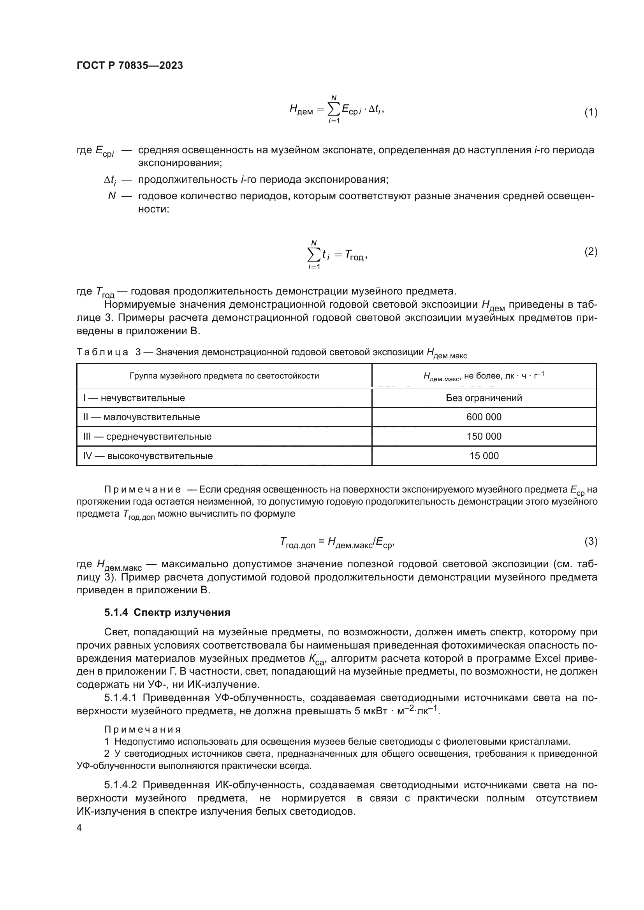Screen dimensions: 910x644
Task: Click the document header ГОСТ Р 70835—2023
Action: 130,65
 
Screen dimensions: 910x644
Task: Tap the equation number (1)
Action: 591,112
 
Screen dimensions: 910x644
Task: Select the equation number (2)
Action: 591,251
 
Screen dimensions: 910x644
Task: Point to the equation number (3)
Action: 591,541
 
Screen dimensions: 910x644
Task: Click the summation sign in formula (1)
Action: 334,110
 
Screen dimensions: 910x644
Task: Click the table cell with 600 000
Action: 484,417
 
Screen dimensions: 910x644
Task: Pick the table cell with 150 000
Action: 484,437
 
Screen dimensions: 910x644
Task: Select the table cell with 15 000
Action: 484,456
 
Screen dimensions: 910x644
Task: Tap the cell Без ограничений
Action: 484,398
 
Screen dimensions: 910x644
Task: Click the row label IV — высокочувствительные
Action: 148,456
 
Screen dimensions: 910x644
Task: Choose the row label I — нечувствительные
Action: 134,398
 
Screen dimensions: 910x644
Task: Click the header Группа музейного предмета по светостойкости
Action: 224,376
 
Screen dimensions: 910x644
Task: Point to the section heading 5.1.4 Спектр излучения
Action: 167,612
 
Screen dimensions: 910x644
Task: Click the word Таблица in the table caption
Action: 102,352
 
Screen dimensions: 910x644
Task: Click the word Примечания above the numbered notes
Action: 143,729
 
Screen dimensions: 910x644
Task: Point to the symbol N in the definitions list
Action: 112,196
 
